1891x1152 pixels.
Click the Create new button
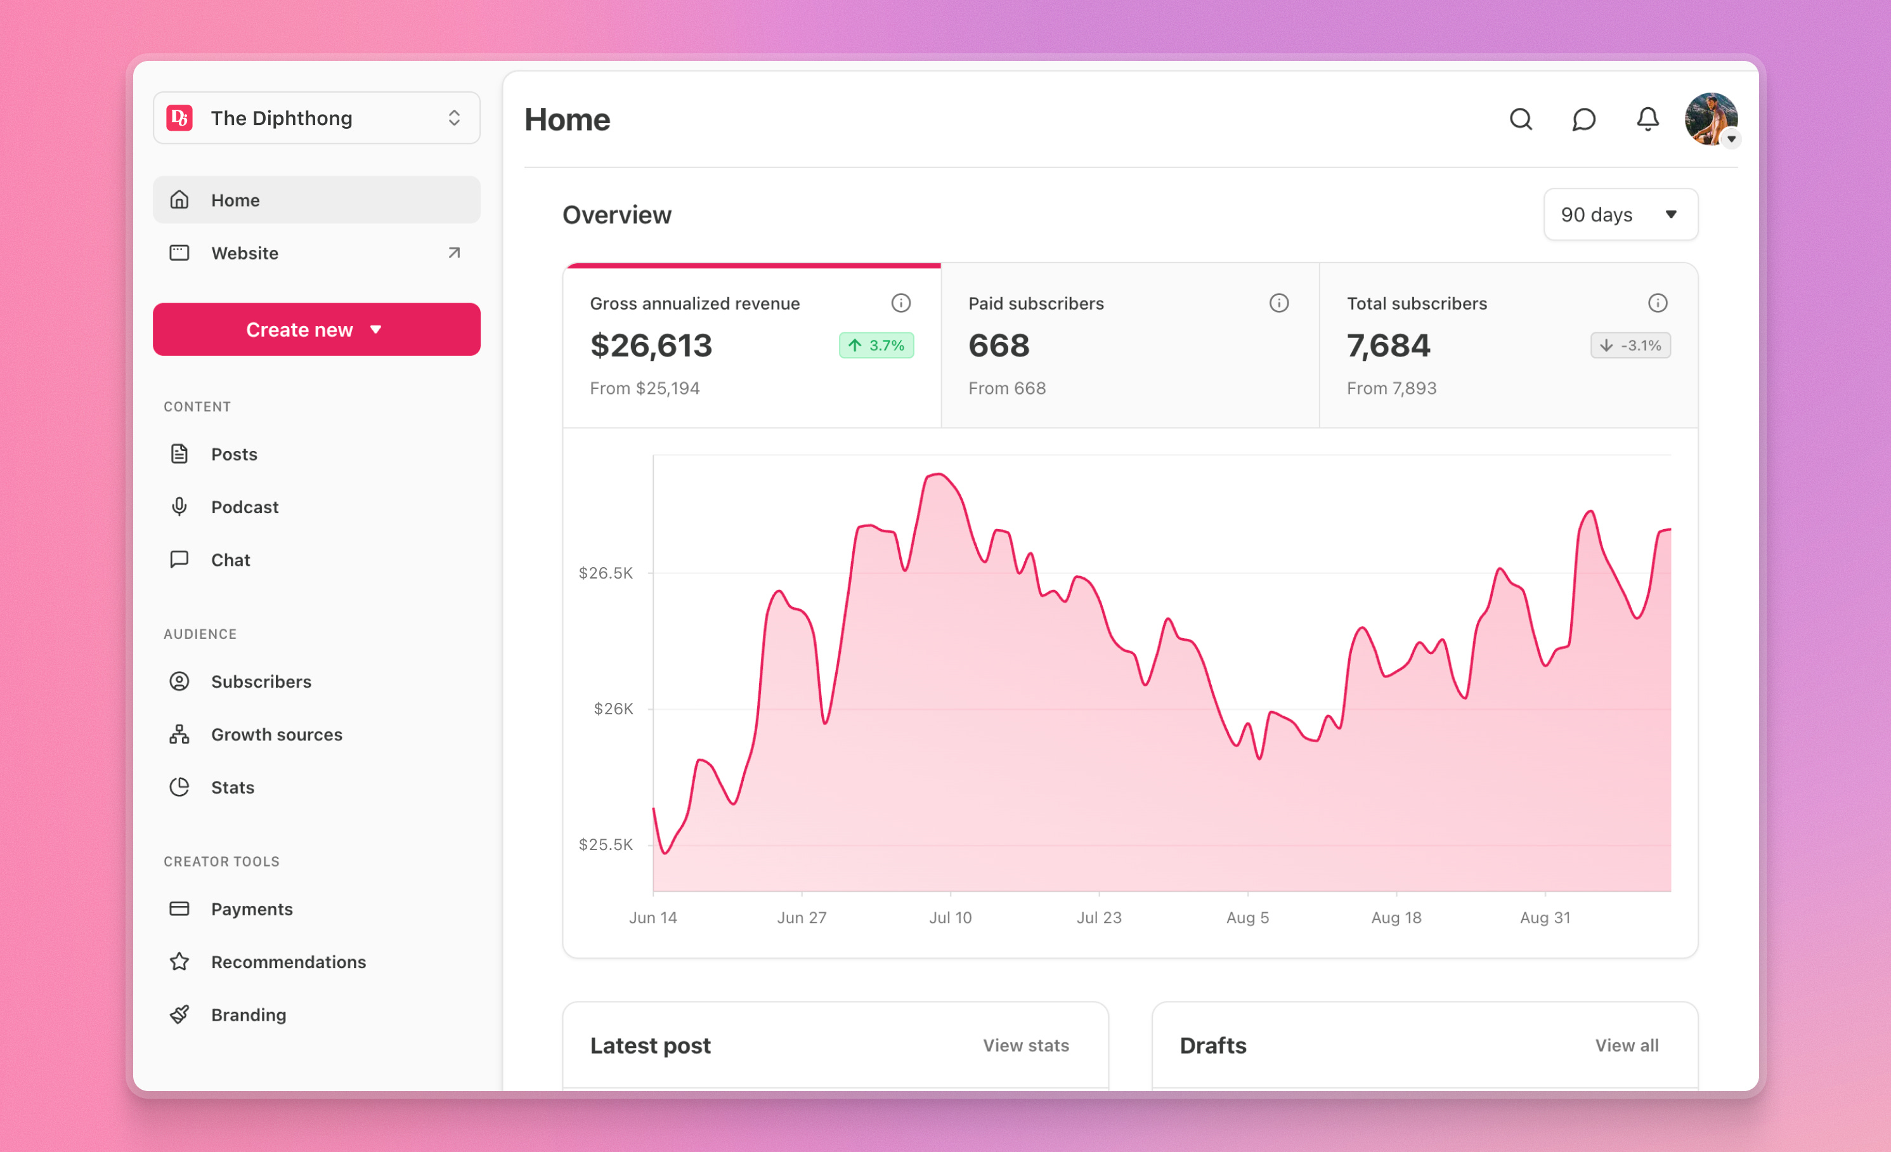316,329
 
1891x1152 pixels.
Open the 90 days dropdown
1620,215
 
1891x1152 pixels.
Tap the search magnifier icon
1520,120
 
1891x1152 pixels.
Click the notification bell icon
1647,120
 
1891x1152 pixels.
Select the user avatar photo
1710,119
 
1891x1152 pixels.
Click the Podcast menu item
244,507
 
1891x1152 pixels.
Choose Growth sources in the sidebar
276,735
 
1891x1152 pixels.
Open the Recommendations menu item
288,962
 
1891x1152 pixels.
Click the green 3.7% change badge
876,345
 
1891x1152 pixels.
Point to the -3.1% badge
1630,345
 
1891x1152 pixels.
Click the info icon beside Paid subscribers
1278,303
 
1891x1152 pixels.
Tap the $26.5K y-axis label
606,573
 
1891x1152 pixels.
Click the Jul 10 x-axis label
950,917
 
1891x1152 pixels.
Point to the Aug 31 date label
1545,917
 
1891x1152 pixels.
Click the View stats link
1025,1045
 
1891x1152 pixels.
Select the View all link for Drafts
1626,1045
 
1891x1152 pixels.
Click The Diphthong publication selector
316,118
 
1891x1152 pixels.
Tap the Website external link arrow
454,253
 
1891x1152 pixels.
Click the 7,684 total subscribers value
1388,345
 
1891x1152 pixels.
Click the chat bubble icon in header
1583,120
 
